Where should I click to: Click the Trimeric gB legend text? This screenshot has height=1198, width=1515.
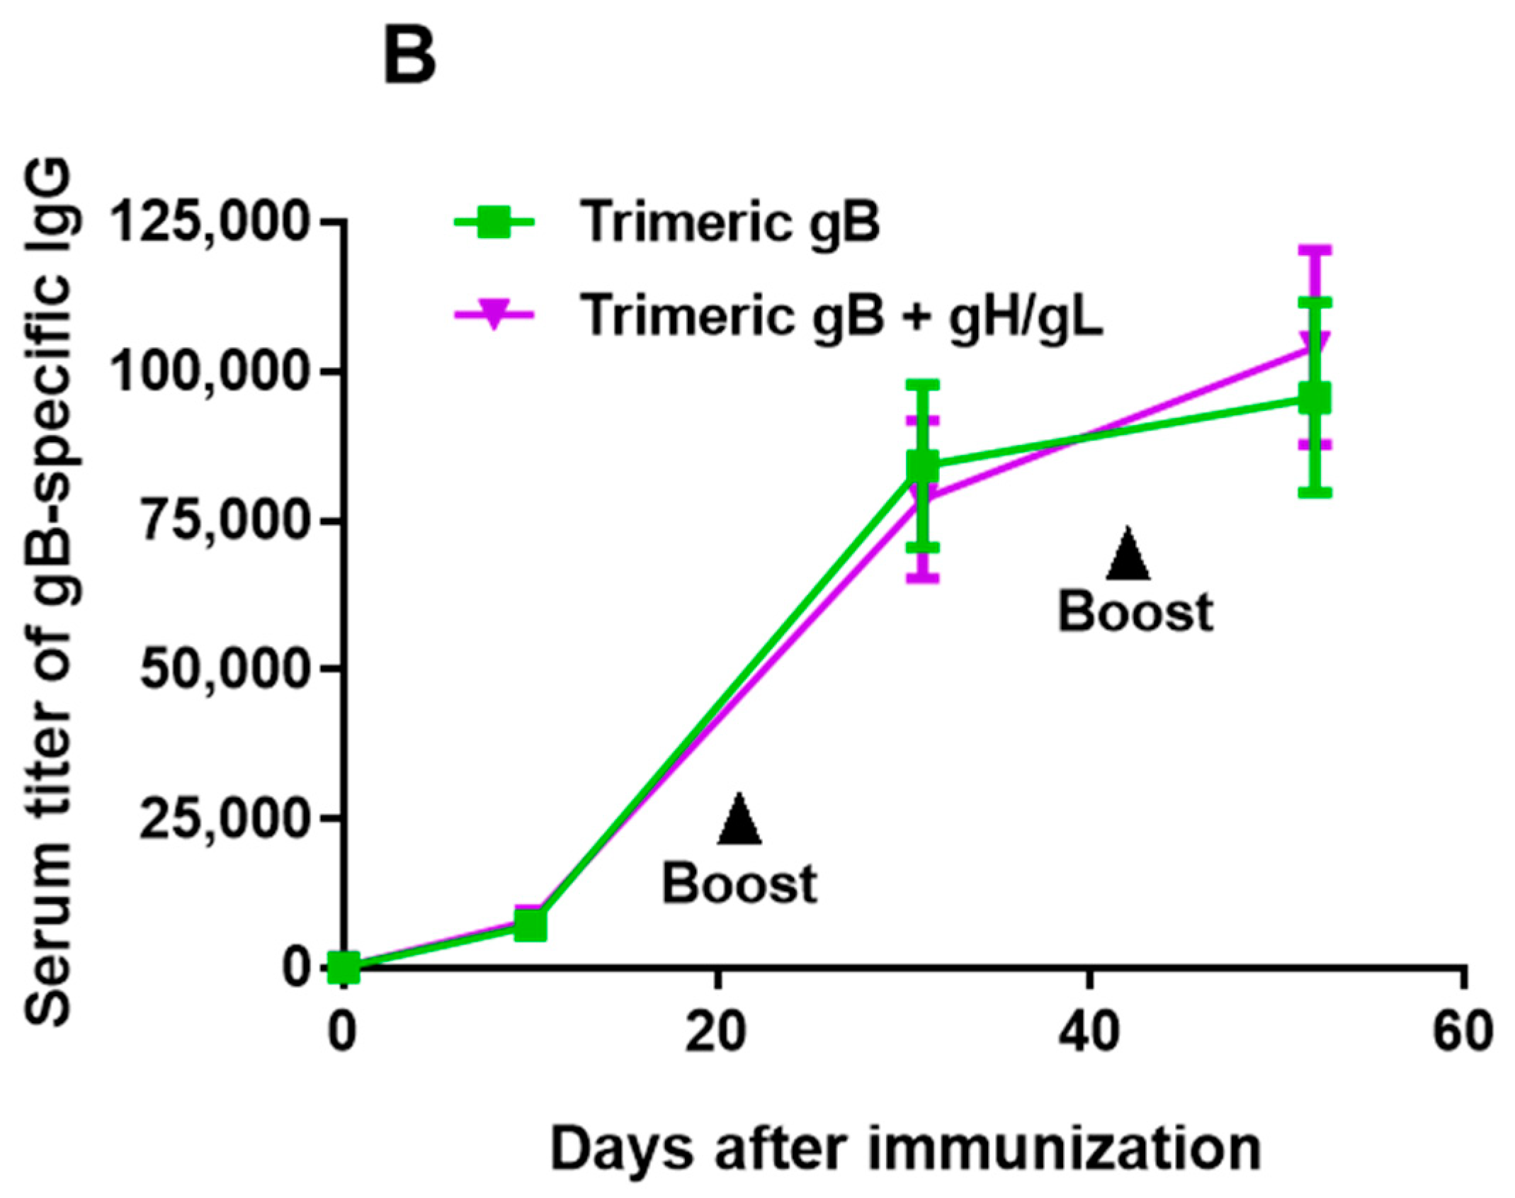tap(730, 222)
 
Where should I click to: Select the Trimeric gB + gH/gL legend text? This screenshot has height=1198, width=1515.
tap(841, 315)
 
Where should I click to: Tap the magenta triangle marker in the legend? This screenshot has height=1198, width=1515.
tap(493, 313)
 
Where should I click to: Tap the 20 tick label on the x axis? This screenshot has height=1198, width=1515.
tap(716, 1032)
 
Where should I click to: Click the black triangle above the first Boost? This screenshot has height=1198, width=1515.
tap(739, 822)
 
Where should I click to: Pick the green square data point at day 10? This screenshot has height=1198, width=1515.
tap(530, 925)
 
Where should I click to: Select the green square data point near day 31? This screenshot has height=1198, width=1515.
tap(922, 466)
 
